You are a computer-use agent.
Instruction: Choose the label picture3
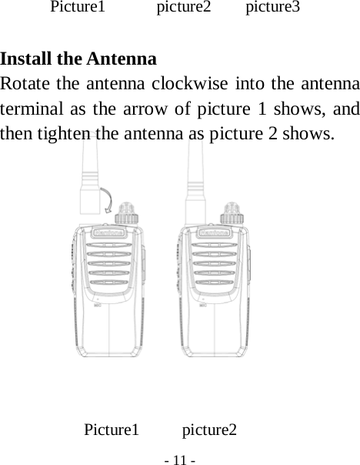click(x=273, y=8)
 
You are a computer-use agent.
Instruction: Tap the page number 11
click(x=180, y=460)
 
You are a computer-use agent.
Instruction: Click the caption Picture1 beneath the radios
click(x=112, y=430)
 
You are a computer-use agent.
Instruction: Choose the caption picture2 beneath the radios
click(x=209, y=430)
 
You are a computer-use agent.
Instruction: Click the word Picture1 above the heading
click(x=78, y=8)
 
